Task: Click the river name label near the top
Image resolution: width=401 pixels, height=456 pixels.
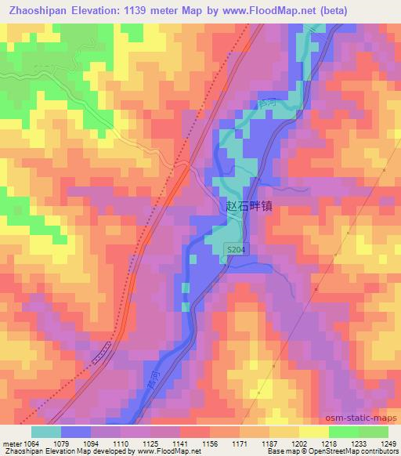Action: click(x=267, y=103)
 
